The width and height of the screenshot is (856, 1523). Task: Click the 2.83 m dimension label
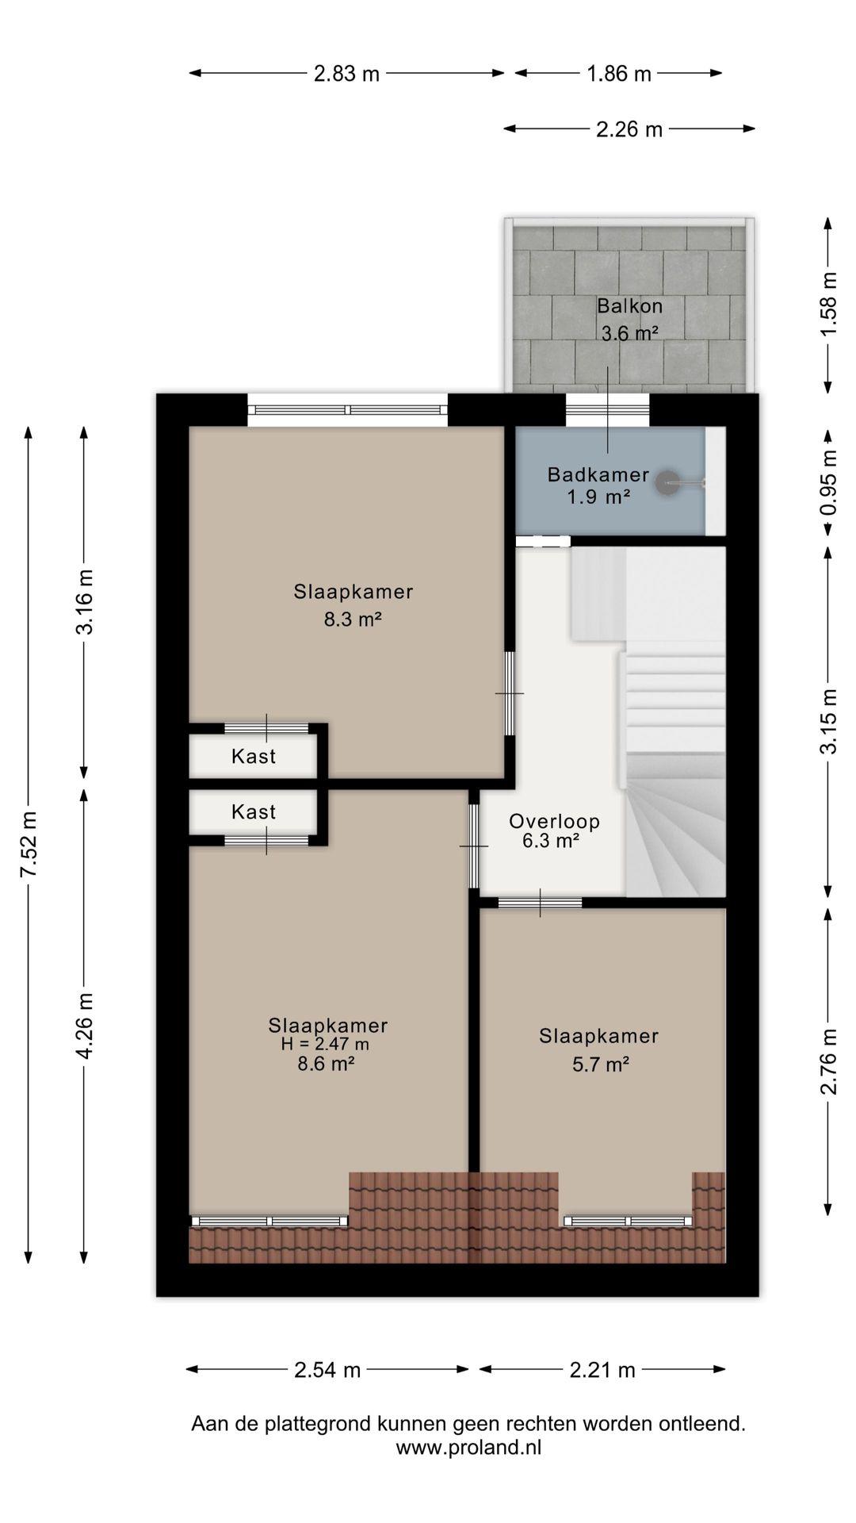(346, 74)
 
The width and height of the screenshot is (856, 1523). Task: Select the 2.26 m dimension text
(629, 129)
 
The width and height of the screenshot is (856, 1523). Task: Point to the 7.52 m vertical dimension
(29, 844)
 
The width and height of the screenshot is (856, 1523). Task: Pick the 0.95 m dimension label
(829, 483)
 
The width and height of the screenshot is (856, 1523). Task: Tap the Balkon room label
(630, 305)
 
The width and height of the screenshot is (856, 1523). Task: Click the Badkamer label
(598, 475)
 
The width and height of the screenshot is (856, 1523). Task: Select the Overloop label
(554, 822)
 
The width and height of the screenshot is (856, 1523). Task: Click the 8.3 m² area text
(353, 620)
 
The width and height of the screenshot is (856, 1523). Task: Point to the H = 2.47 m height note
(325, 1045)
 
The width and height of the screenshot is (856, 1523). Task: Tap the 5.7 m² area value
(600, 1065)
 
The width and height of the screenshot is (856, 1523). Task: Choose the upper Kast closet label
(254, 757)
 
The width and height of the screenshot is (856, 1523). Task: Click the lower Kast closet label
(254, 812)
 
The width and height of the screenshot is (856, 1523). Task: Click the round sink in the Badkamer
(670, 481)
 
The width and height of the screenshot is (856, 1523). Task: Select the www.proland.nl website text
(468, 1448)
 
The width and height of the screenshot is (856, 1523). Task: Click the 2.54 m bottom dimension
(327, 1370)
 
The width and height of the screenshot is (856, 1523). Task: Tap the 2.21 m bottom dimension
(602, 1370)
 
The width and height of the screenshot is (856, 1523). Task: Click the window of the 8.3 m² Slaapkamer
(347, 409)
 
